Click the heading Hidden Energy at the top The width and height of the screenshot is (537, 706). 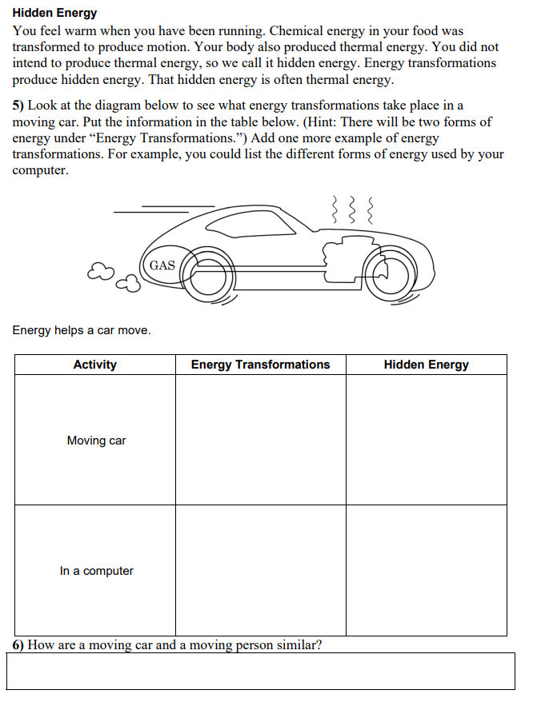(x=54, y=13)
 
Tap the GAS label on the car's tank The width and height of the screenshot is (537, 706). (x=162, y=265)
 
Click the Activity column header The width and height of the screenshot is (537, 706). (x=94, y=365)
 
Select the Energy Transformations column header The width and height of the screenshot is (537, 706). (x=260, y=365)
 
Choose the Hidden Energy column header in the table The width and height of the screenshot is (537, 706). (x=426, y=365)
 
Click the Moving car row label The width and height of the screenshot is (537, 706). (x=96, y=441)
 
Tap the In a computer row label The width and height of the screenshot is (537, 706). (x=96, y=571)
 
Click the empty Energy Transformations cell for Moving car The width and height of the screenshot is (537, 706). (x=260, y=440)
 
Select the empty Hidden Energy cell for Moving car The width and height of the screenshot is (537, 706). (x=426, y=440)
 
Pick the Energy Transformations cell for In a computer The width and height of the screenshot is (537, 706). (x=260, y=570)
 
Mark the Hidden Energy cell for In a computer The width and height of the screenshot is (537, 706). (x=426, y=570)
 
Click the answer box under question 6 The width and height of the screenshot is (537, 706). (x=260, y=671)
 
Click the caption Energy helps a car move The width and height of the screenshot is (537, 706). (x=81, y=330)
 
